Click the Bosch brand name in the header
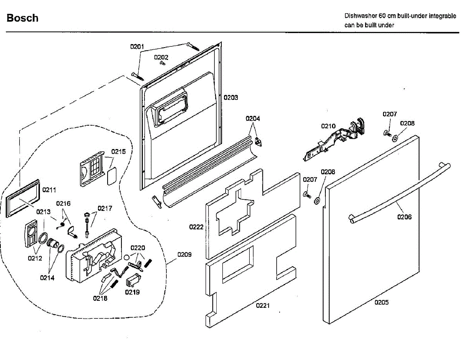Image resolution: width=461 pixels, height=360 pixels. click(23, 18)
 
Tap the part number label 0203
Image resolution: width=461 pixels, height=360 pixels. click(231, 98)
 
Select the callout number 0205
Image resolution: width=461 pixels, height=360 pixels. click(381, 302)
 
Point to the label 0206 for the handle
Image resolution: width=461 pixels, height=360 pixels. click(405, 217)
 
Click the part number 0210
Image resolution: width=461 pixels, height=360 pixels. click(328, 126)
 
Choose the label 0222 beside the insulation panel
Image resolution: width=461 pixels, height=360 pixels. click(196, 227)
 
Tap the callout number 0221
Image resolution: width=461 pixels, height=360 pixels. click(263, 306)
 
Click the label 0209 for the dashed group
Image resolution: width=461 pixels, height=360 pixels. click(184, 255)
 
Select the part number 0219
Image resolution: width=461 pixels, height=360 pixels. click(132, 292)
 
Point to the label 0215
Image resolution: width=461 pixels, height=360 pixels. click(118, 152)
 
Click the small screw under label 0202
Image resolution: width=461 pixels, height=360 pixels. click(163, 63)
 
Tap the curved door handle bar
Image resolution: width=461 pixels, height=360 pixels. click(399, 194)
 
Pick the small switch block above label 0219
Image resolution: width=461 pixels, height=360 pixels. click(134, 280)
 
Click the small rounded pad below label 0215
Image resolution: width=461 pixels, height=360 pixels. click(112, 176)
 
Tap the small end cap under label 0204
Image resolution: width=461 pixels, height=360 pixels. click(259, 142)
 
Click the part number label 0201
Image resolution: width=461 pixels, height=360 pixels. click(137, 46)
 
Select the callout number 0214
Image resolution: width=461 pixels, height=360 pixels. click(47, 278)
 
